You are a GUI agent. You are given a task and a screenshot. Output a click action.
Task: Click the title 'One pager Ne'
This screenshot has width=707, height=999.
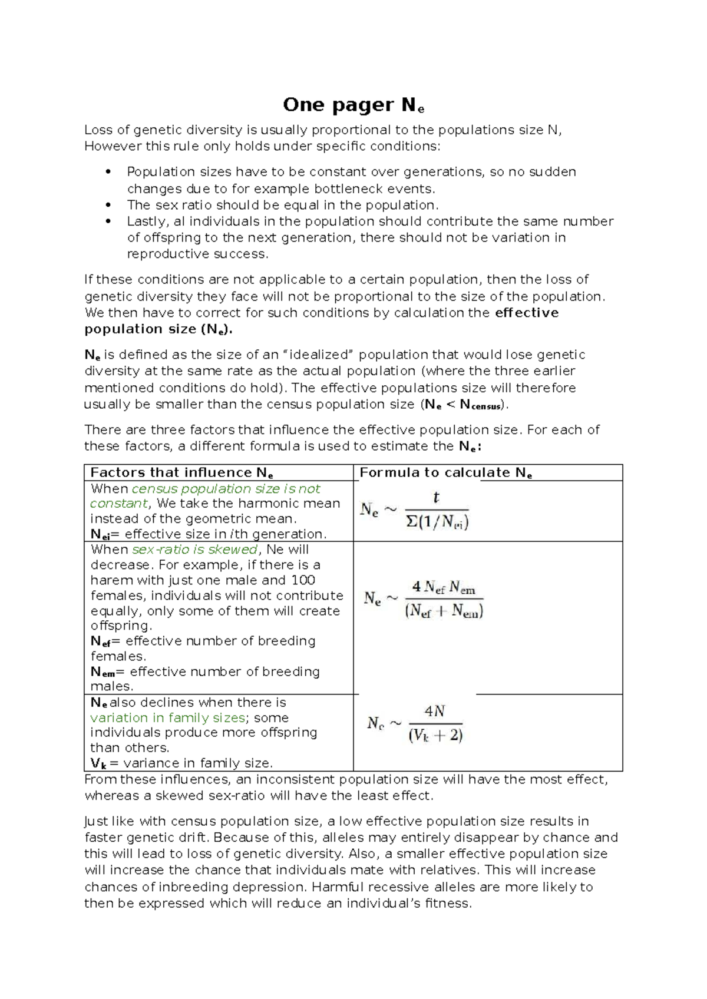click(353, 105)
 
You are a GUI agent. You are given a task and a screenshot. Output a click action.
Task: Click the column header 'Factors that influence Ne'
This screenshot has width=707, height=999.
click(181, 473)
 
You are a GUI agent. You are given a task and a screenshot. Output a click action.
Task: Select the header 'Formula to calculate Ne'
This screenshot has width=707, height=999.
click(446, 473)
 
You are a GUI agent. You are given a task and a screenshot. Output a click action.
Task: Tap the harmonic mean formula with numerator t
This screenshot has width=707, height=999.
click(415, 510)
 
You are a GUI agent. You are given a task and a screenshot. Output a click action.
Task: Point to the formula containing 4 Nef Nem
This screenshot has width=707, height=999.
click(424, 600)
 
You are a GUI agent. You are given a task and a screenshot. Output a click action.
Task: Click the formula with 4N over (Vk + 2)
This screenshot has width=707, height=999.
click(415, 723)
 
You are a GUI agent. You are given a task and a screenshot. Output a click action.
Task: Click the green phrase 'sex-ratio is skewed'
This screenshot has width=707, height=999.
click(194, 550)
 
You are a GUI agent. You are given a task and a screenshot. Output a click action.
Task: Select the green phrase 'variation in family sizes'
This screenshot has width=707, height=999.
click(167, 718)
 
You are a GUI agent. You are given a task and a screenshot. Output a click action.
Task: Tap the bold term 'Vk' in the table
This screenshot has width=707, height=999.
click(98, 764)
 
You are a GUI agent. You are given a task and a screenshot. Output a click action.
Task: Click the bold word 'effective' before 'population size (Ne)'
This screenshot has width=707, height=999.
click(527, 313)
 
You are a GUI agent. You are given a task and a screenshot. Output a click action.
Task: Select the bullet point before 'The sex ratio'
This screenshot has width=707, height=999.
click(107, 206)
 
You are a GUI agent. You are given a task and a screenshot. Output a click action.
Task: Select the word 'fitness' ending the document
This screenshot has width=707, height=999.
click(448, 904)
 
